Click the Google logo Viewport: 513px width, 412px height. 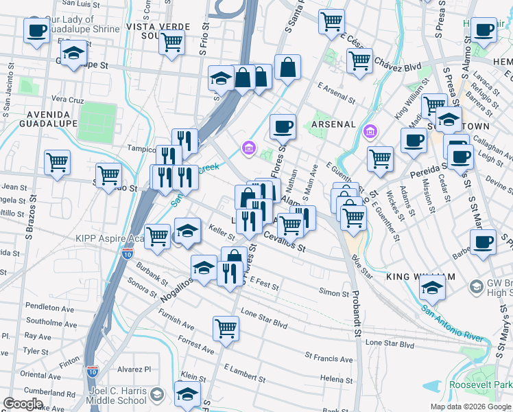pos(23,404)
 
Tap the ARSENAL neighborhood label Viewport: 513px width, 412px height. pos(333,124)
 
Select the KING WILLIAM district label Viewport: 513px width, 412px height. pos(420,277)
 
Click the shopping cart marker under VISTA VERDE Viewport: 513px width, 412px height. pos(172,43)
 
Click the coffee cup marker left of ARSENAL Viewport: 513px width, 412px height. pos(282,126)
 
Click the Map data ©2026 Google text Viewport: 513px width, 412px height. pos(470,407)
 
